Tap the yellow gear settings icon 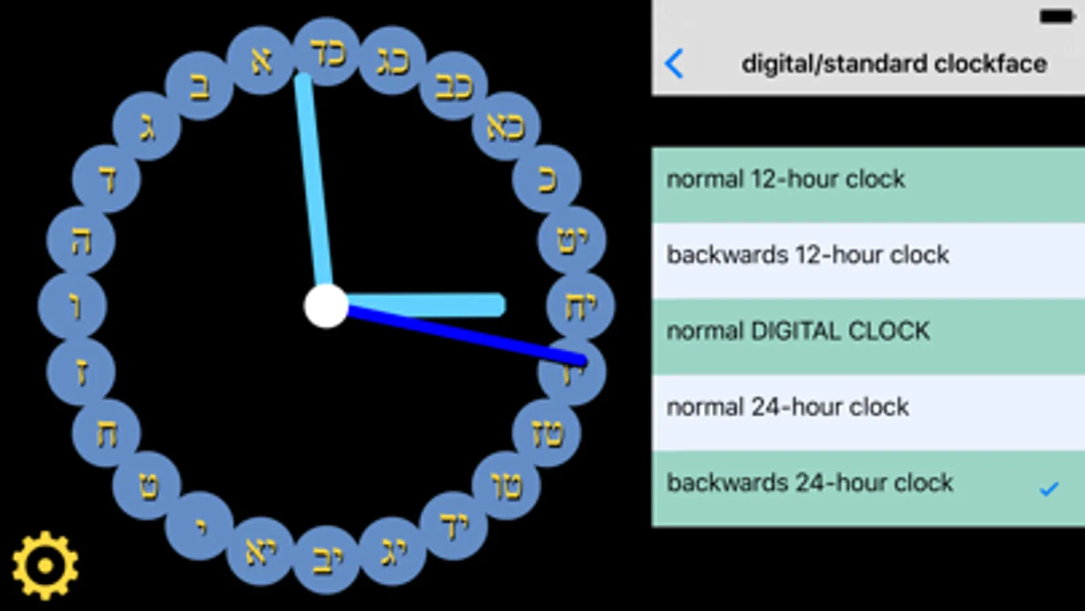pyautogui.click(x=45, y=566)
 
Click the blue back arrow pyautogui.click(x=674, y=64)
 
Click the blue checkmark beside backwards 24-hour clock pyautogui.click(x=1048, y=488)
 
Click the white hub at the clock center pyautogui.click(x=326, y=306)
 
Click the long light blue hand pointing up pyautogui.click(x=313, y=183)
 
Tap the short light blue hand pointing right pyautogui.click(x=434, y=305)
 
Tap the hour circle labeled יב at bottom pyautogui.click(x=327, y=559)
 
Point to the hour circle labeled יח pyautogui.click(x=580, y=307)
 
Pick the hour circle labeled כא pyautogui.click(x=506, y=126)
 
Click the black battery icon pyautogui.click(x=1057, y=16)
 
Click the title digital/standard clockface pyautogui.click(x=894, y=64)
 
